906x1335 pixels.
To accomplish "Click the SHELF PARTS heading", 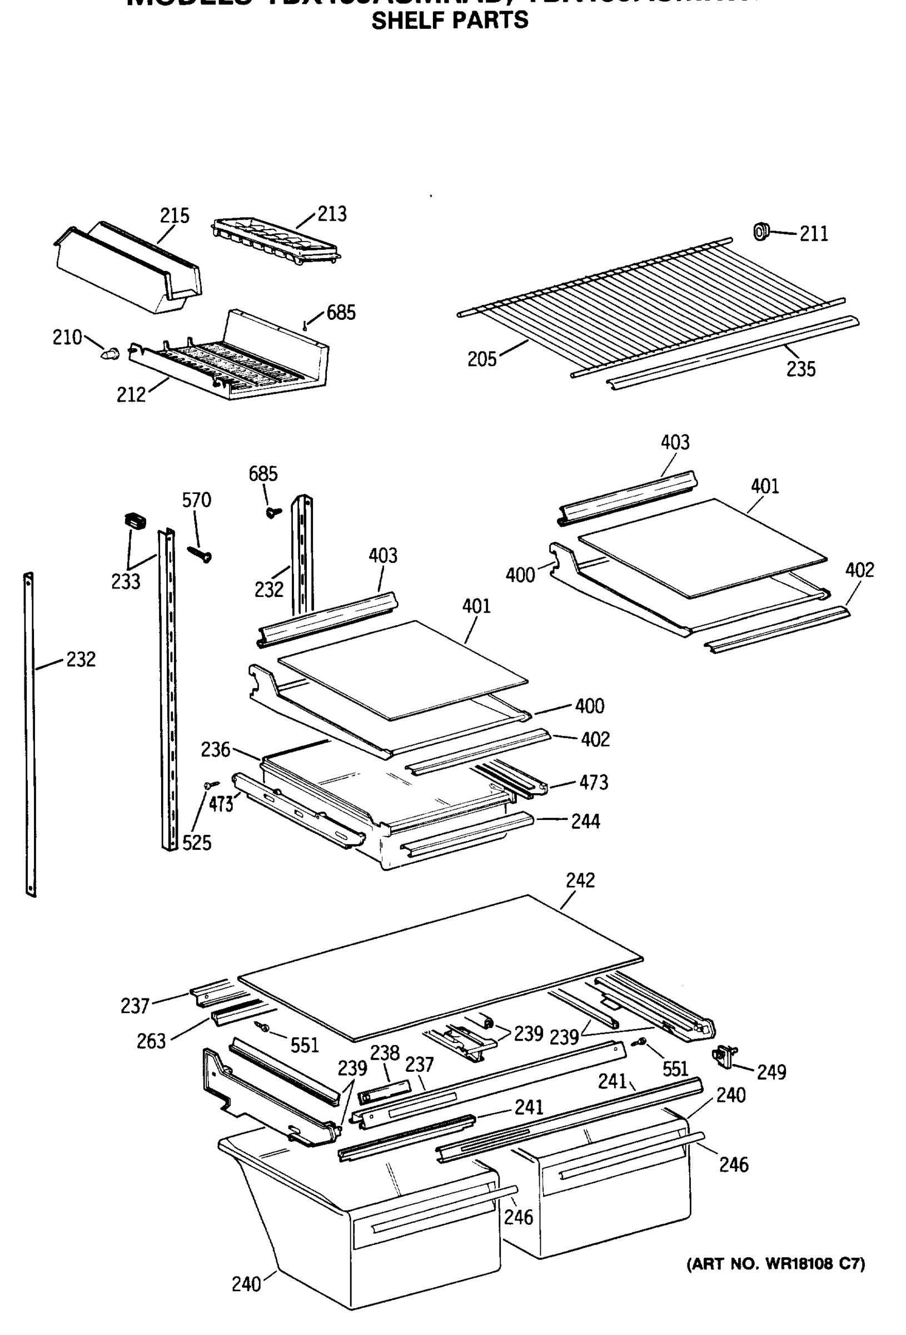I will [450, 21].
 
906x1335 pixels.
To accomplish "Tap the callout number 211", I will [814, 234].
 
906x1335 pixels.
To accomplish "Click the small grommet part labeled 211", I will [761, 231].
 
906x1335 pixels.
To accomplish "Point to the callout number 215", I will [175, 215].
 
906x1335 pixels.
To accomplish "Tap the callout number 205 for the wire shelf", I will [481, 359].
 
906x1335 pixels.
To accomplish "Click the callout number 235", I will [800, 369].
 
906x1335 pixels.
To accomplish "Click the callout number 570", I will [196, 500].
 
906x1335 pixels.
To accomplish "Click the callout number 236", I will [215, 750].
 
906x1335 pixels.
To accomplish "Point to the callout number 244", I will [585, 822].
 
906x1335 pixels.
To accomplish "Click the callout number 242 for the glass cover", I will [580, 880].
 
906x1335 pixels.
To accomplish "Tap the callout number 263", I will [151, 1041].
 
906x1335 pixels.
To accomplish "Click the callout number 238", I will [384, 1052].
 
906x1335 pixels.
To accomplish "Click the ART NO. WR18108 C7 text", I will [776, 1264].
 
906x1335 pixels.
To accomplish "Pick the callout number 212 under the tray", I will [131, 394].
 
